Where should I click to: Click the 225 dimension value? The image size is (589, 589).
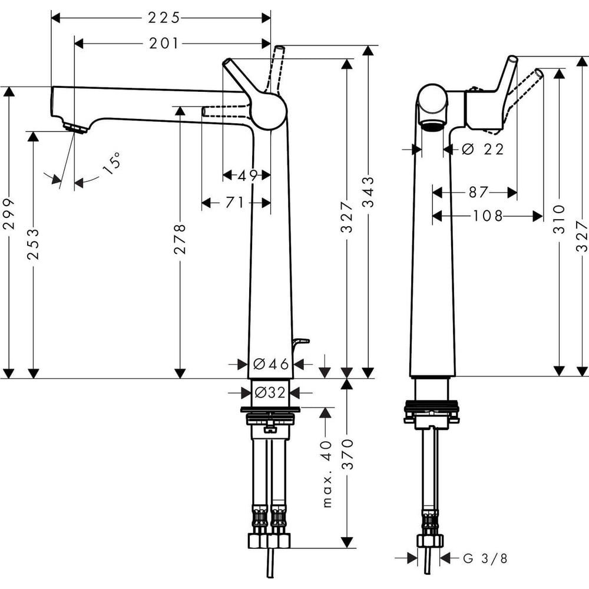(163, 18)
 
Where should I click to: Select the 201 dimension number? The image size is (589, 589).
(164, 44)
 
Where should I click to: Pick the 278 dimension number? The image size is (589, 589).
(180, 239)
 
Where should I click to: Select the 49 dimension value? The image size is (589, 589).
(247, 175)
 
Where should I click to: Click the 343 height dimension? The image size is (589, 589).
(368, 191)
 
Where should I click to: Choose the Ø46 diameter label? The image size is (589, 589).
(271, 365)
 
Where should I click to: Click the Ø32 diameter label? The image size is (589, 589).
(271, 393)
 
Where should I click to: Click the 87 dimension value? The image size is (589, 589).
(478, 192)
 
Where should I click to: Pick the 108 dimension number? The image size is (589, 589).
(488, 217)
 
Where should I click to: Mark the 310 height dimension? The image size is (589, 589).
(559, 219)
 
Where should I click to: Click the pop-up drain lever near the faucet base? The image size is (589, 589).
(300, 342)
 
